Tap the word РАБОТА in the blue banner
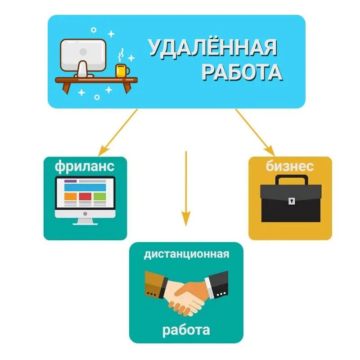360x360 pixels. coord(242,72)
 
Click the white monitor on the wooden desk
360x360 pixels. coord(83,55)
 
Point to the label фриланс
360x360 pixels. coord(85,166)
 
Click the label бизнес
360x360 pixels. coord(290,166)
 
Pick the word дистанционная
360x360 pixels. coord(186,254)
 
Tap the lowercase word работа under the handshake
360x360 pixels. coord(186,330)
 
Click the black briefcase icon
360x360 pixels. coord(290,199)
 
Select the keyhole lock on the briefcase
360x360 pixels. coord(291,199)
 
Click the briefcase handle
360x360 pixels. coord(290,180)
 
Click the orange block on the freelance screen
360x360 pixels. coord(71,196)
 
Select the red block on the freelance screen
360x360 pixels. coord(85,196)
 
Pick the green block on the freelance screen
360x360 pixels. coord(99,196)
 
